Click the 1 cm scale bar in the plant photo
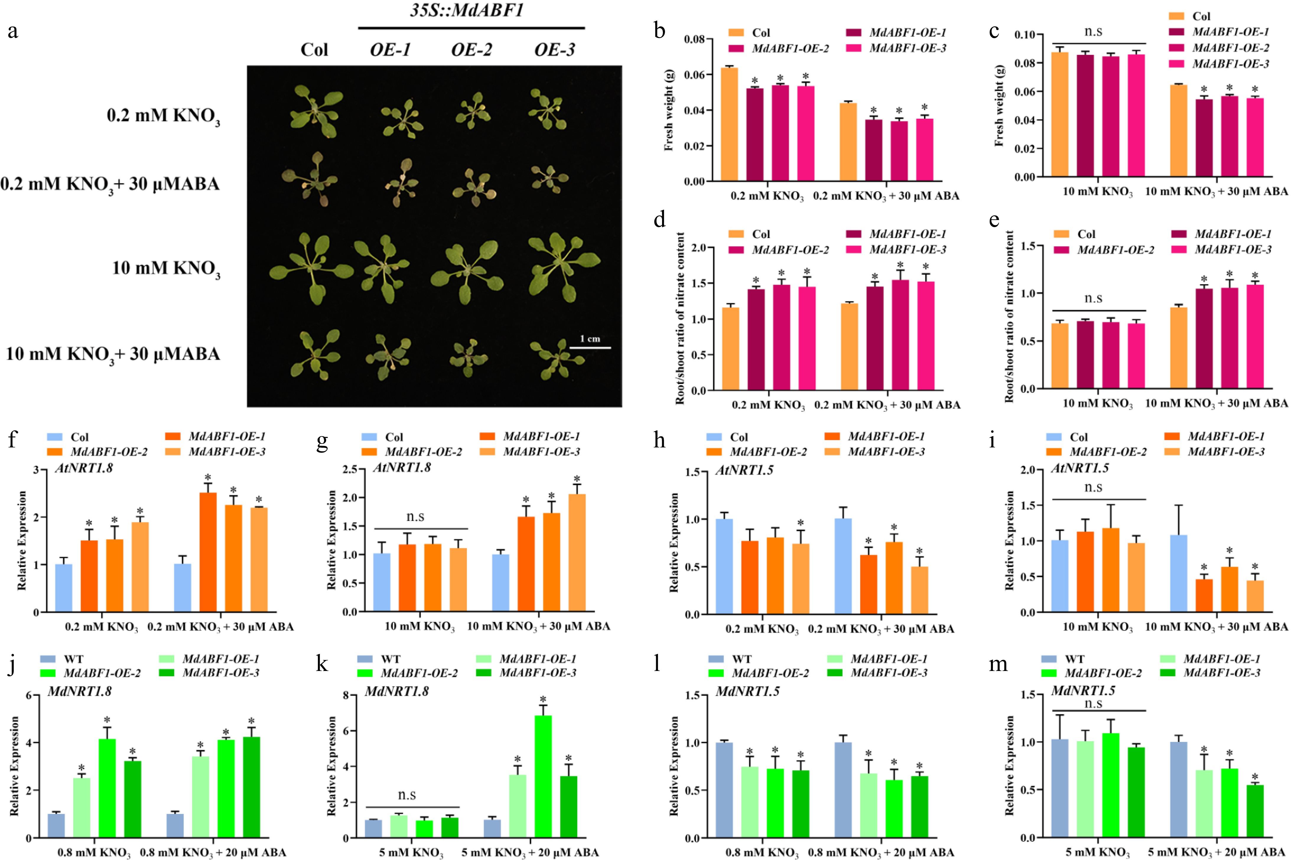tap(590, 347)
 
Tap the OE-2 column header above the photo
tap(471, 50)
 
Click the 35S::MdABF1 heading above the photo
tap(467, 10)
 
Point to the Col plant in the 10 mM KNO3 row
tap(311, 268)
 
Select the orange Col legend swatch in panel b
tap(736, 33)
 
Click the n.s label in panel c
tap(1093, 32)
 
